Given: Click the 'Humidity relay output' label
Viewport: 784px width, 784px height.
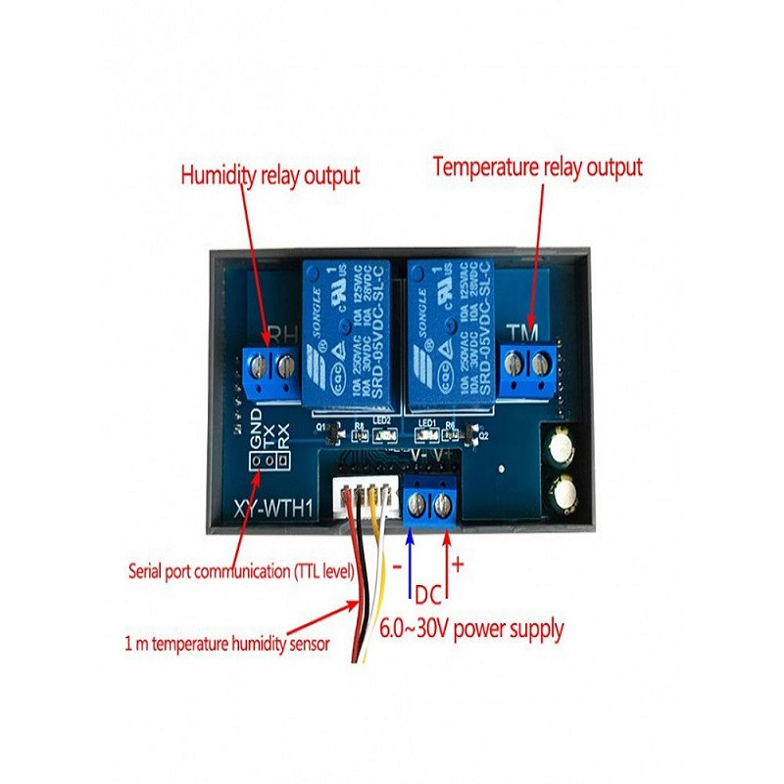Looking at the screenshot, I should pyautogui.click(x=269, y=176).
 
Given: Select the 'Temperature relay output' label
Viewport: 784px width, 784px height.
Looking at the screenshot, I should pyautogui.click(x=538, y=168).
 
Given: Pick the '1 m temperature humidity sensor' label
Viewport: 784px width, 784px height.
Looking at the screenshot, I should pyautogui.click(x=228, y=643).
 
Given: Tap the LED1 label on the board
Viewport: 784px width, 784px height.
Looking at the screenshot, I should pyautogui.click(x=427, y=423).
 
